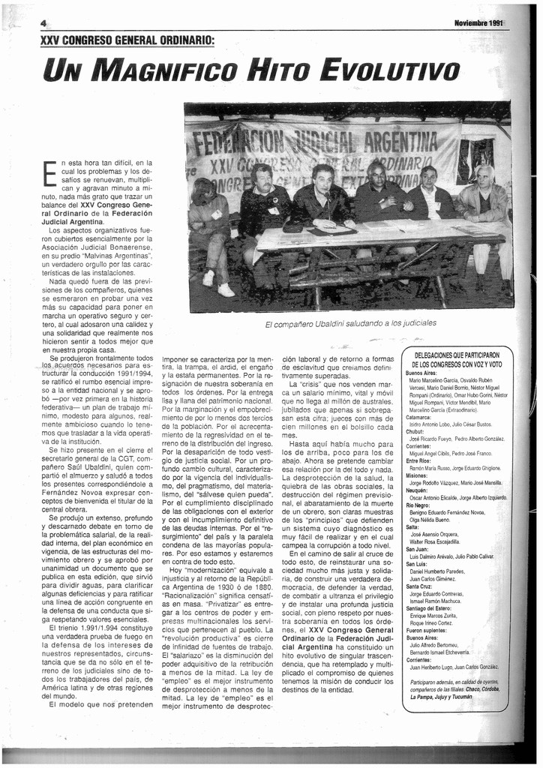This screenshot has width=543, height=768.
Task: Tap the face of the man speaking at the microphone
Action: point(323,181)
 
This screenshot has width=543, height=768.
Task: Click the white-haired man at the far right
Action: point(484,180)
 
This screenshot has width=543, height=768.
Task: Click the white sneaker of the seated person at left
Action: point(225,289)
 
